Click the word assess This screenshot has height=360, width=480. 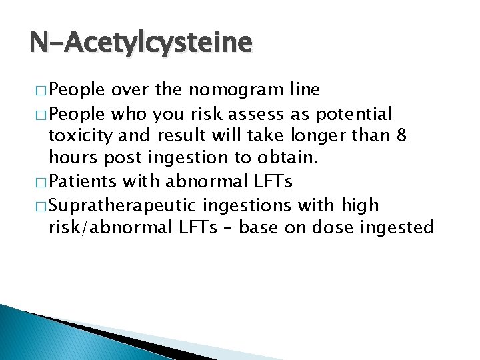click(x=269, y=113)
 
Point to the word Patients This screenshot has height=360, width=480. click(x=87, y=182)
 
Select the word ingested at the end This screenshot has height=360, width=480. click(x=399, y=229)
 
